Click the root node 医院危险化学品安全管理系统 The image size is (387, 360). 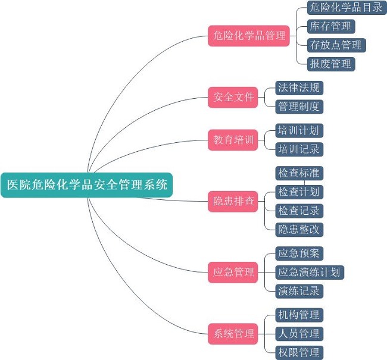[x=87, y=185]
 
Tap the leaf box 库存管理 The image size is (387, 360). [x=330, y=26]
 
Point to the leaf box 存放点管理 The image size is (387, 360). [x=335, y=45]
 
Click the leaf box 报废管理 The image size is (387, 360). [x=330, y=64]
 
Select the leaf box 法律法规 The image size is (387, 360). [x=299, y=88]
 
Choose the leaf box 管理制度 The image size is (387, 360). [x=299, y=107]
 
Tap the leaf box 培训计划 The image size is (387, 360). [x=299, y=130]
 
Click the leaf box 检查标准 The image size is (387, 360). [x=299, y=173]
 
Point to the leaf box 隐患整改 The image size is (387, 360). [x=299, y=229]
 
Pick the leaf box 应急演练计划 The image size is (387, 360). [x=309, y=273]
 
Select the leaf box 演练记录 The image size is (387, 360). [x=299, y=291]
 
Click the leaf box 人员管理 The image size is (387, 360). [x=299, y=333]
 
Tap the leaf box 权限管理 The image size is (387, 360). [x=299, y=352]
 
